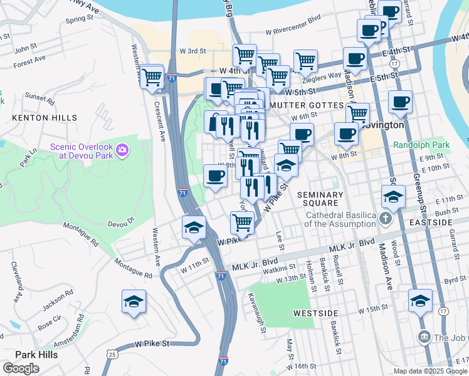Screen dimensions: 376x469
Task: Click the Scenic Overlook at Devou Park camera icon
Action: tap(122, 150)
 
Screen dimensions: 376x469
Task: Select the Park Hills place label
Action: tap(36, 355)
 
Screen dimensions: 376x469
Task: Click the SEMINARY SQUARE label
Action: tap(320, 200)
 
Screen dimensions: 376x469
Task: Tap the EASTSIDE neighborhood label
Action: tap(448, 222)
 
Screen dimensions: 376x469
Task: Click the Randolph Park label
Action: tap(421, 145)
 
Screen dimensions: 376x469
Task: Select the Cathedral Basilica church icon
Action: tap(385, 219)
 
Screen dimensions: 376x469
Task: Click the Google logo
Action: tap(21, 368)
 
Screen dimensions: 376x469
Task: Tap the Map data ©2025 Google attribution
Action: tap(429, 371)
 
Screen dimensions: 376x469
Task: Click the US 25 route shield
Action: tap(112, 355)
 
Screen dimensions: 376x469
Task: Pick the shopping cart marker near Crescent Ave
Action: tap(152, 78)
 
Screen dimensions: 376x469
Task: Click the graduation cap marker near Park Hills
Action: tap(134, 303)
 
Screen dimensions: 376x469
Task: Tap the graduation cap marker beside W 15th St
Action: tap(420, 301)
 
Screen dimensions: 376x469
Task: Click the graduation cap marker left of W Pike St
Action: tap(194, 228)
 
